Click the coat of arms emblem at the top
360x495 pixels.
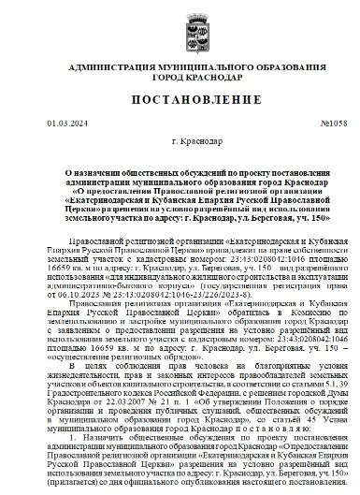coord(180,23)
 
